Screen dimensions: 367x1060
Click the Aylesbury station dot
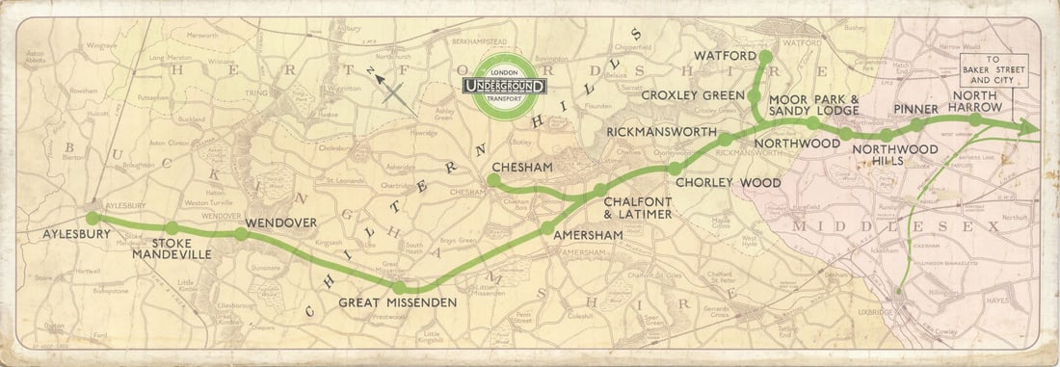pos(93,218)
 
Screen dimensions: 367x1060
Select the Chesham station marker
pos(493,180)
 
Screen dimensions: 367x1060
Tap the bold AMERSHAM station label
pos(587,236)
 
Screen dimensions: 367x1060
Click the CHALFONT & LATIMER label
pos(637,207)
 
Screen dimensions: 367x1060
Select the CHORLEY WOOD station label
pos(715,181)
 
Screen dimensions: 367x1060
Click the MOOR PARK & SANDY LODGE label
pos(813,106)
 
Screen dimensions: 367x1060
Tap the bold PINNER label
pos(916,108)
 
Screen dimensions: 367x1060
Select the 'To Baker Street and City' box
pos(994,72)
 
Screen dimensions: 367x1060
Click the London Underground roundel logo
pos(505,87)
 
